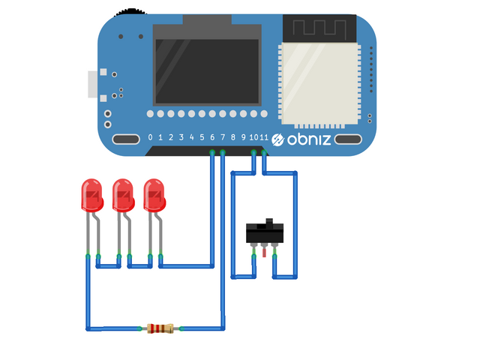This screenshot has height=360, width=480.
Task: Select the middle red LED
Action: coord(123,195)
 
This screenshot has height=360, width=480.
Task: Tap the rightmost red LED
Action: coord(154,195)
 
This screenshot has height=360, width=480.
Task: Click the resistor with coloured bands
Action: coord(160,328)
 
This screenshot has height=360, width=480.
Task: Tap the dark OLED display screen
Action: coord(208,70)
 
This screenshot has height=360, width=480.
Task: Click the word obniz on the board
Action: coord(308,139)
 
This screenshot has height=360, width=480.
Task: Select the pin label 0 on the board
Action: coord(150,138)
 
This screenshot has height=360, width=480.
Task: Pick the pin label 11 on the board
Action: coord(265,138)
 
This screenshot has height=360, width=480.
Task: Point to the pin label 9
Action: coord(243,138)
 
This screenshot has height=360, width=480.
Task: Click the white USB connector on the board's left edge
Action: coord(93,84)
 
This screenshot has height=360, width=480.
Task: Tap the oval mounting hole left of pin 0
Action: coord(125,139)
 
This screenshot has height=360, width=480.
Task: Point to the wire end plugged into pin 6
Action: coord(212,153)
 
